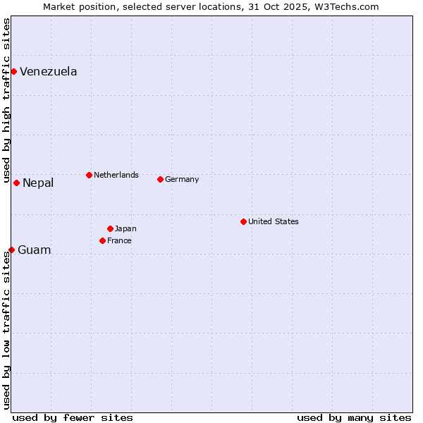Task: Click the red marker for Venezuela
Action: pos(13,71)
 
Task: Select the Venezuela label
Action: pos(48,72)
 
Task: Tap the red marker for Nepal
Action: pos(16,183)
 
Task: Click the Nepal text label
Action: pos(38,183)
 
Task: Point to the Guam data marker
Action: pos(11,250)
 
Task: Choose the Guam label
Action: pos(34,250)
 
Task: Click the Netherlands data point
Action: pos(89,175)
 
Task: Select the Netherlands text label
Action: pos(116,175)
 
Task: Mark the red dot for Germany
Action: pos(160,179)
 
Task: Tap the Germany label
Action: pos(182,179)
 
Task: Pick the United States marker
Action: pos(243,221)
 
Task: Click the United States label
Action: pos(273,221)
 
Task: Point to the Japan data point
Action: pos(110,228)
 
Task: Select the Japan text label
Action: pos(125,228)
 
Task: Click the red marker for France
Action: pos(102,240)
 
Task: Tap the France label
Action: pos(119,240)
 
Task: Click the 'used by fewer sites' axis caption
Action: pos(73,417)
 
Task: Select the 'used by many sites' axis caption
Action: pos(354,417)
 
